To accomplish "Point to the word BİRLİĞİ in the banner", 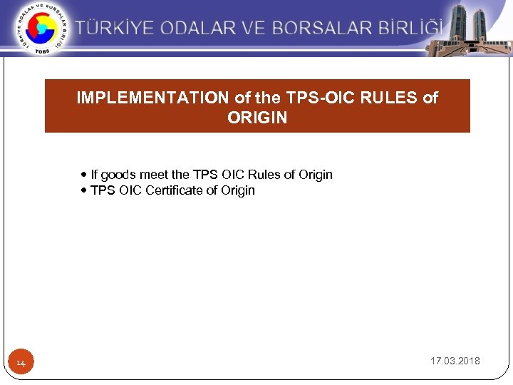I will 411,29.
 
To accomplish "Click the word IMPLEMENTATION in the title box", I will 154,98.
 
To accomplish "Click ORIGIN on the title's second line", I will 257,118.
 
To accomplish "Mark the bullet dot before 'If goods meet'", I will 85,175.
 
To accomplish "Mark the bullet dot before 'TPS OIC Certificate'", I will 85,190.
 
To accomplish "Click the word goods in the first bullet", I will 119,175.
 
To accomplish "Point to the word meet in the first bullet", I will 155,175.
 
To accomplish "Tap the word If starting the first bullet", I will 94,175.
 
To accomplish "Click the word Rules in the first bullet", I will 263,175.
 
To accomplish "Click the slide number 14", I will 21,364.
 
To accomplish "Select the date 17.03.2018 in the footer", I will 455,361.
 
